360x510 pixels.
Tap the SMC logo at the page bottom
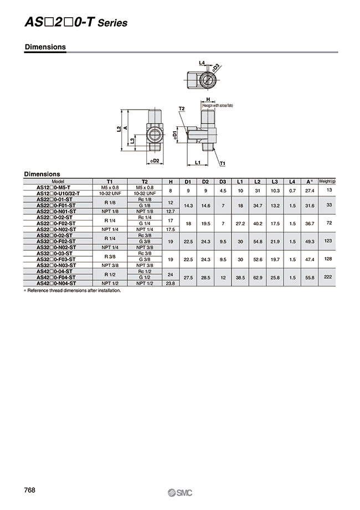point(180,492)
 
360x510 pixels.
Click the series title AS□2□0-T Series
point(76,23)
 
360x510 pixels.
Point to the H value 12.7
point(171,211)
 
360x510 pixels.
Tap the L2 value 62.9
point(257,276)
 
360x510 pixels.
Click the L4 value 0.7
point(292,189)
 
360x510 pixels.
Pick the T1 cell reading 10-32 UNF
point(109,193)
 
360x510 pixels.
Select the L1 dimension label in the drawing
point(198,162)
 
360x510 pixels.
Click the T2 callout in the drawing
point(181,109)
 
